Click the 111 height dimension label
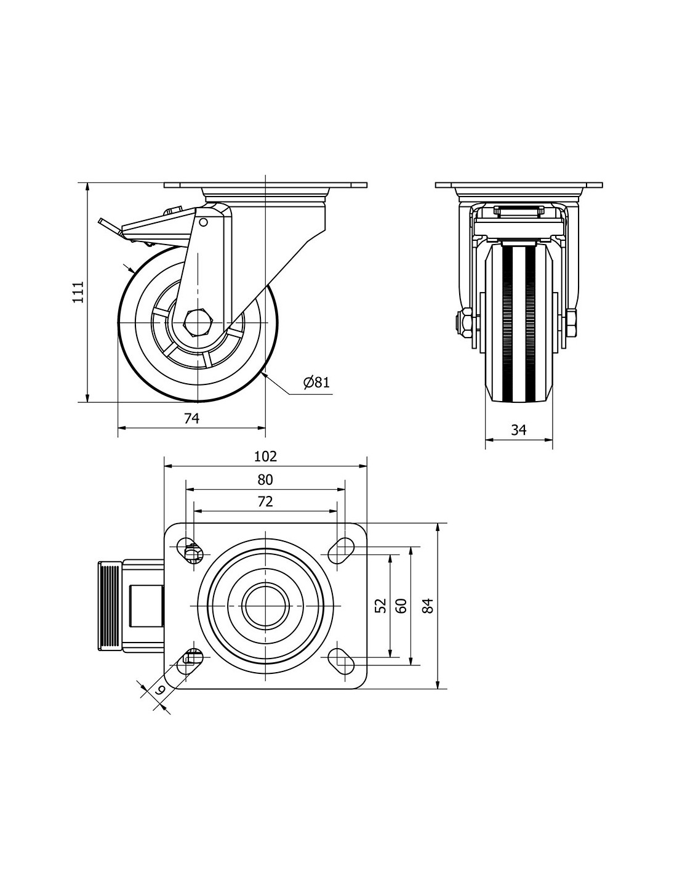click(77, 292)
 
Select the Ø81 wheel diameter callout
click(316, 383)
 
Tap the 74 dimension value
click(191, 418)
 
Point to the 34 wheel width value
click(519, 430)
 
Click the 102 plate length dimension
click(265, 456)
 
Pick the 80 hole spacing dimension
click(265, 479)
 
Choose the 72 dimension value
click(265, 501)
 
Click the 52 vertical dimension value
click(381, 605)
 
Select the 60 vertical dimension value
click(401, 605)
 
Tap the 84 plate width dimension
click(428, 605)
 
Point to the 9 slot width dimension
click(159, 689)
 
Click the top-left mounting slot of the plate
click(190, 550)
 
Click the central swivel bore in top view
click(265, 605)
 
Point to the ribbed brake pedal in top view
click(109, 606)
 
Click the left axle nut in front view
click(462, 322)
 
